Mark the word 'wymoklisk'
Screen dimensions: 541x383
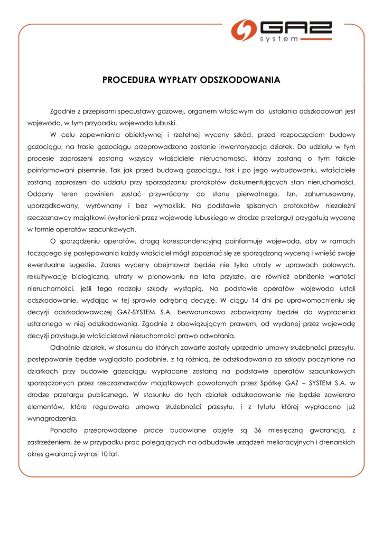169,206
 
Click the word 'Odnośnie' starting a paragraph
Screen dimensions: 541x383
66,347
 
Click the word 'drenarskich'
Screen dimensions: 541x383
335,441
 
